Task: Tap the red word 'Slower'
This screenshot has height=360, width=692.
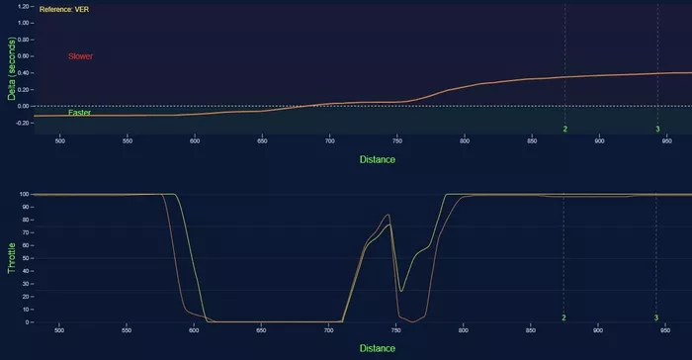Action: click(81, 56)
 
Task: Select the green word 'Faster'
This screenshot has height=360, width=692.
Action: click(80, 113)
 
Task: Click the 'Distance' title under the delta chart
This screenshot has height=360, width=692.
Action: click(377, 158)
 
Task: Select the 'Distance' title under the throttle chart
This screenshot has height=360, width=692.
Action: click(377, 348)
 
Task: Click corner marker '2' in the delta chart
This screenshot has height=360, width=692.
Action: click(564, 130)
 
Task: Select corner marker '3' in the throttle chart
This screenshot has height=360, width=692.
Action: click(656, 317)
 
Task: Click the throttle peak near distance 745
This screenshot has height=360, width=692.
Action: click(389, 215)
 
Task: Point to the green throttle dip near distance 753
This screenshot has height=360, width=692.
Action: click(400, 291)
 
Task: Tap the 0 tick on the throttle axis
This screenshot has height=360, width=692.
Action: click(30, 322)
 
